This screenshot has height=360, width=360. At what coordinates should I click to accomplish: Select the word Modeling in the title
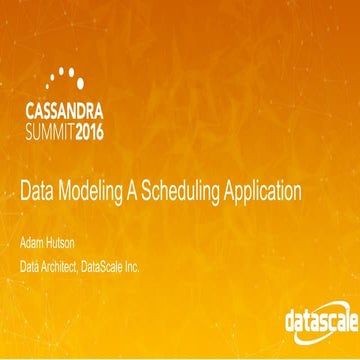click(x=96, y=187)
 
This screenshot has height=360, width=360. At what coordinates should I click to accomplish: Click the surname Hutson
click(x=66, y=242)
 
